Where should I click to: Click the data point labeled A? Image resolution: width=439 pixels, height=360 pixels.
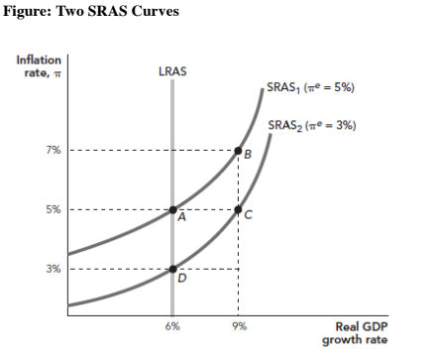pyautogui.click(x=172, y=209)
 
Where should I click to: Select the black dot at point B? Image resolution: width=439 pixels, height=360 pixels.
pyautogui.click(x=238, y=151)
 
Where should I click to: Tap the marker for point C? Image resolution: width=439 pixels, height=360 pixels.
pyautogui.click(x=238, y=209)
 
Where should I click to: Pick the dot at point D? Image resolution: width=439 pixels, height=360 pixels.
pyautogui.click(x=172, y=269)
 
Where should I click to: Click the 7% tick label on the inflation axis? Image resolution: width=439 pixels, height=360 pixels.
pyautogui.click(x=51, y=151)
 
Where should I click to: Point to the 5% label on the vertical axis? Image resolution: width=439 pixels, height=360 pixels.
pyautogui.click(x=51, y=209)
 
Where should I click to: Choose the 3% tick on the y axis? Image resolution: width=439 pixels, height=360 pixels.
pyautogui.click(x=51, y=269)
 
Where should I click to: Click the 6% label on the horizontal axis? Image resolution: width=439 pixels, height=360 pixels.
pyautogui.click(x=172, y=326)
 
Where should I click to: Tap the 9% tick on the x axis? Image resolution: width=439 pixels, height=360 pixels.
pyautogui.click(x=238, y=326)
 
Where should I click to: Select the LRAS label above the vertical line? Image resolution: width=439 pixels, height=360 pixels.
pyautogui.click(x=172, y=72)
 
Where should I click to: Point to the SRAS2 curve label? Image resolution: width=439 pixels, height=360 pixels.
pyautogui.click(x=312, y=125)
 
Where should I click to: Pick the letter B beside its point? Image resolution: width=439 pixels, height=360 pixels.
pyautogui.click(x=248, y=155)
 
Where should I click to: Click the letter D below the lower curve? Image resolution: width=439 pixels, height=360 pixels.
pyautogui.click(x=180, y=279)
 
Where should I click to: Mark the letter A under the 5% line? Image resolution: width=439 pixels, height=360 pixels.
pyautogui.click(x=180, y=219)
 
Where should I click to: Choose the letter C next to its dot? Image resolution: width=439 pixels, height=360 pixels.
pyautogui.click(x=248, y=214)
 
